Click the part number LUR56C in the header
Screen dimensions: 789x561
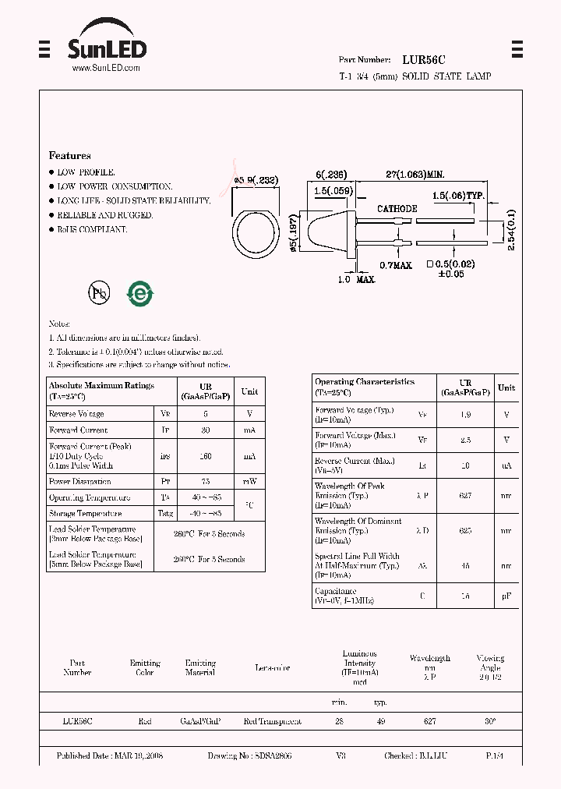(424, 59)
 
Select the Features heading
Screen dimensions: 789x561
(69, 156)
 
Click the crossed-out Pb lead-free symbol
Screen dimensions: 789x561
(99, 292)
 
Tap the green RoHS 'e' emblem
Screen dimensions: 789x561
(141, 293)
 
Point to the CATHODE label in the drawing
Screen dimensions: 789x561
(397, 209)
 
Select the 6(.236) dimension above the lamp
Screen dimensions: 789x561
(331, 175)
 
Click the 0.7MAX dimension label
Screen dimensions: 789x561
(395, 265)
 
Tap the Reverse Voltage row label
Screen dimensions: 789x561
(76, 414)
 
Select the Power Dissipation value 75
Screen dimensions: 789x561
(206, 482)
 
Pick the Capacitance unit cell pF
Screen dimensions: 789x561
(506, 596)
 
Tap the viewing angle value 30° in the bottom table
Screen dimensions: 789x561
(489, 722)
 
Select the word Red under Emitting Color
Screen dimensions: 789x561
(145, 722)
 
